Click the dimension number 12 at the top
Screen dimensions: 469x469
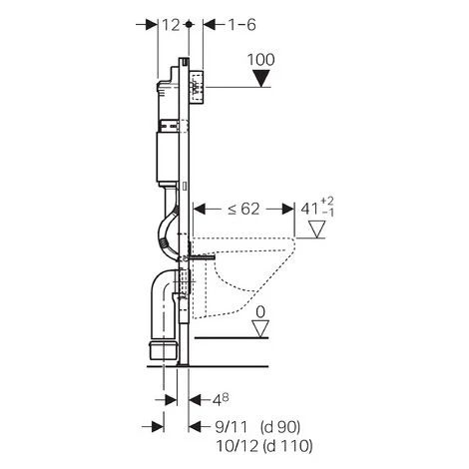171,25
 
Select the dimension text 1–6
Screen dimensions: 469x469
241,25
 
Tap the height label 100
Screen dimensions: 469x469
261,60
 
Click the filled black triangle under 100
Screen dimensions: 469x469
261,78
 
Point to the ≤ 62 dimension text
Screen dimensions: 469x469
243,209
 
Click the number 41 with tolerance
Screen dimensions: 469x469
309,209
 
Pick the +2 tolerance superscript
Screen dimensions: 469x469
327,202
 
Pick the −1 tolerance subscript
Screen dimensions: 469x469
328,213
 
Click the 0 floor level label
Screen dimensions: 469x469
260,312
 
